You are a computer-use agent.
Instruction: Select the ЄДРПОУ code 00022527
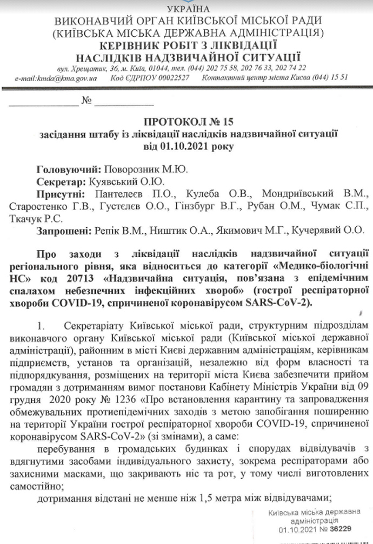click(x=170, y=78)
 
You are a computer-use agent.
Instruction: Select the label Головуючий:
click(x=60, y=169)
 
